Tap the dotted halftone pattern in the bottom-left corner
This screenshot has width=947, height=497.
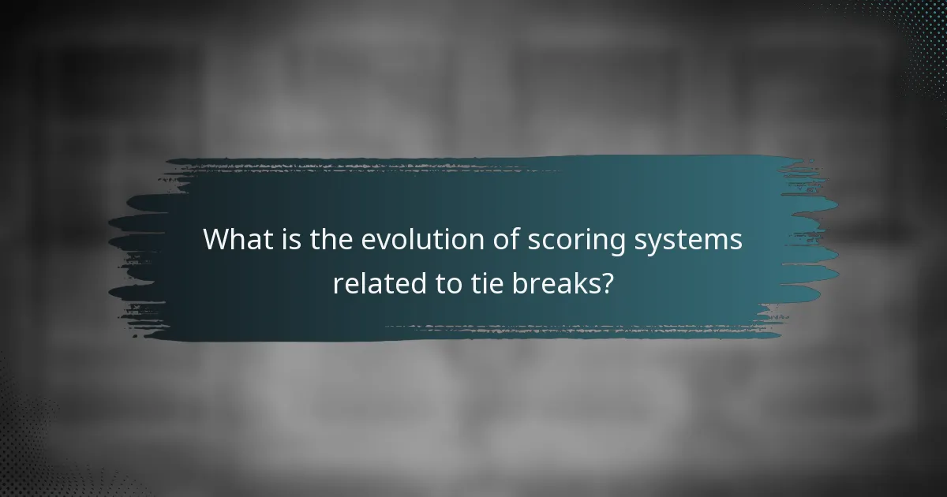[32, 450]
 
